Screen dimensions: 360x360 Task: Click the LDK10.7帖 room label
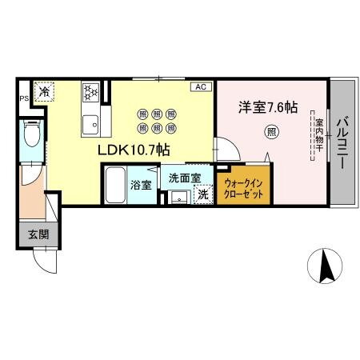pyautogui.click(x=132, y=149)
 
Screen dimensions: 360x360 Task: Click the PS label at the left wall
pyautogui.click(x=23, y=99)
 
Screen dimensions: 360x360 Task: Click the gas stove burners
pyautogui.click(x=90, y=94)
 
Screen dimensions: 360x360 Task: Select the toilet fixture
pyautogui.click(x=32, y=135)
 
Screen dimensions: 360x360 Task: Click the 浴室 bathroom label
pyautogui.click(x=141, y=185)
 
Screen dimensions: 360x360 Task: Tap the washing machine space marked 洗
pyautogui.click(x=203, y=194)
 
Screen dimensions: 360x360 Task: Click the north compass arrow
pyautogui.click(x=326, y=265)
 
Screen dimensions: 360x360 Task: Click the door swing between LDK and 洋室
pyautogui.click(x=225, y=150)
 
